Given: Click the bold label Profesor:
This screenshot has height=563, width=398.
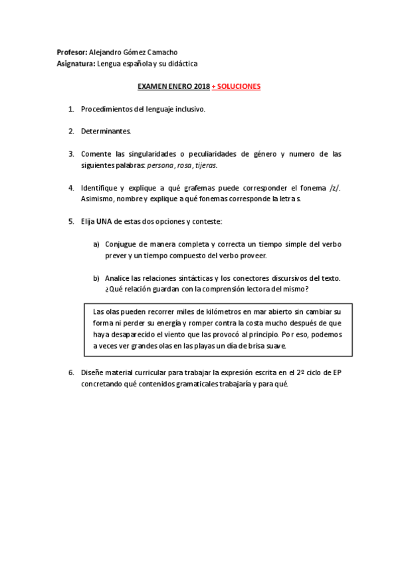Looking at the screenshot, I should pyautogui.click(x=72, y=52).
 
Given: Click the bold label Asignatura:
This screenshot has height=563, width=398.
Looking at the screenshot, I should pyautogui.click(x=77, y=64).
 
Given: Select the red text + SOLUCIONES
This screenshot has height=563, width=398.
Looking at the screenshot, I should pyautogui.click(x=236, y=86).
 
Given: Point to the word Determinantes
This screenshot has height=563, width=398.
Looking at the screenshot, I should pyautogui.click(x=106, y=131).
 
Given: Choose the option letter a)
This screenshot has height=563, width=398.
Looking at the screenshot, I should pyautogui.click(x=96, y=244).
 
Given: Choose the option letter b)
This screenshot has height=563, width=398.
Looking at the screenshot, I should pyautogui.click(x=96, y=278).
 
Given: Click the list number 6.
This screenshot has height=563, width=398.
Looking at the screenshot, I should pyautogui.click(x=70, y=372).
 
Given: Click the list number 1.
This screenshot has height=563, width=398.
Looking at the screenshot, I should pyautogui.click(x=70, y=108).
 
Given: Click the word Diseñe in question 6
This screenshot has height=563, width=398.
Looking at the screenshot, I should pyautogui.click(x=94, y=372).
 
